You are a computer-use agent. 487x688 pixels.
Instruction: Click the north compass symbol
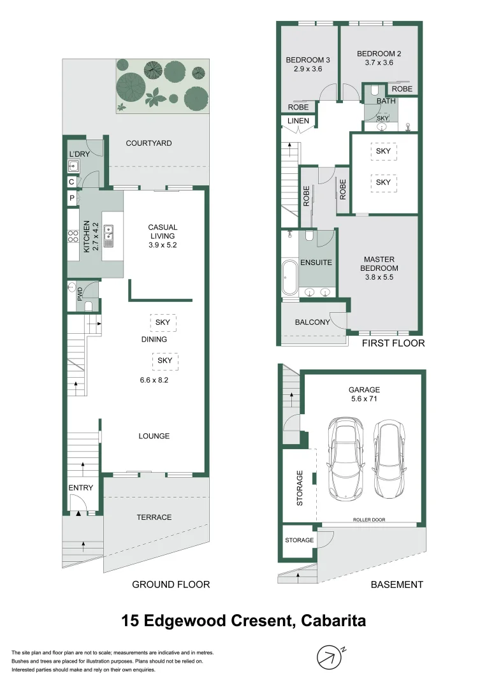tap(330, 657)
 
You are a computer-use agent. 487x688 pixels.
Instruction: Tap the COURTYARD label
tap(149, 143)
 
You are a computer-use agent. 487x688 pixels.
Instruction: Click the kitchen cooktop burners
tap(73, 237)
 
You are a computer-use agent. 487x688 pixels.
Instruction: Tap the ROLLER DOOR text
tap(369, 520)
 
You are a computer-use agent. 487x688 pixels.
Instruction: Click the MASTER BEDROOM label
tap(379, 264)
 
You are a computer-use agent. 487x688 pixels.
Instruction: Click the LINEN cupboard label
tap(298, 121)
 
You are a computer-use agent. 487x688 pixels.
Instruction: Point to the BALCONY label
tap(312, 322)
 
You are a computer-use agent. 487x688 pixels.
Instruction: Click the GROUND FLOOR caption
tap(171, 584)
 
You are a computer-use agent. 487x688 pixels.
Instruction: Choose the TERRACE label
tap(154, 517)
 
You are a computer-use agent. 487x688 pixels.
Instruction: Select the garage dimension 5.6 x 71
tap(364, 399)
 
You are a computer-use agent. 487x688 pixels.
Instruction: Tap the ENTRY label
tap(81, 488)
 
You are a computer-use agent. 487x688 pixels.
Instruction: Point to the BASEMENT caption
tap(396, 584)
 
